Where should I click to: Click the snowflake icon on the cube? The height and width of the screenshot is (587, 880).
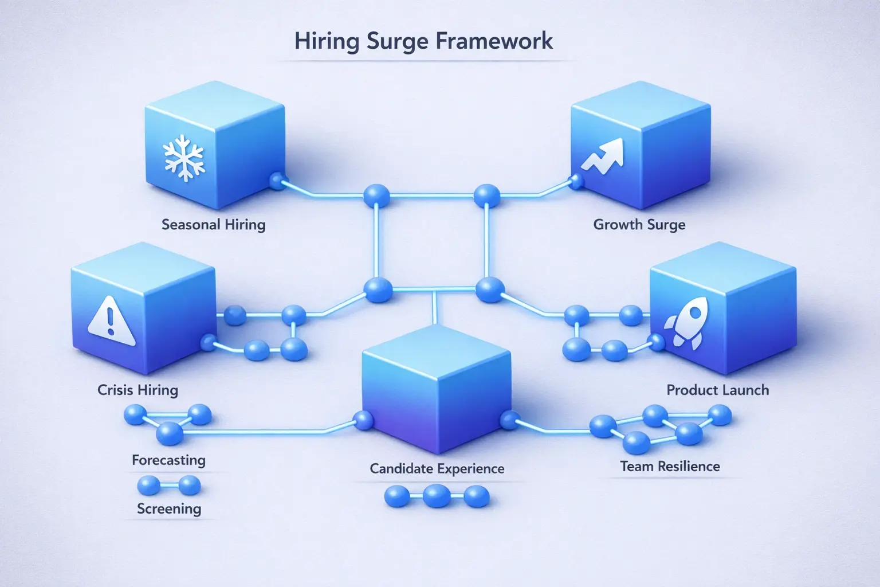[x=184, y=158]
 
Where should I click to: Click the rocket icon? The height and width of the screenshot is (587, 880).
[x=685, y=325]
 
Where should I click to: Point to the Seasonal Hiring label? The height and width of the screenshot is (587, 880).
[x=213, y=224]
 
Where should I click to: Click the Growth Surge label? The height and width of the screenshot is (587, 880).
[x=639, y=224]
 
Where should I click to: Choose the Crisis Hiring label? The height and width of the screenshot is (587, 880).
[x=137, y=390]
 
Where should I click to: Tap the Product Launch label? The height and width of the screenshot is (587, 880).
[x=717, y=390]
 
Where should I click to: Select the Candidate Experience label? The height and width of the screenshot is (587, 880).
[x=437, y=468]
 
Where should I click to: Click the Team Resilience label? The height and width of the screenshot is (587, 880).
[x=670, y=466]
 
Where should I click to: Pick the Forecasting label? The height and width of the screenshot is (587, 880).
[x=168, y=460]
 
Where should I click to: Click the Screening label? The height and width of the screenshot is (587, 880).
[x=169, y=508]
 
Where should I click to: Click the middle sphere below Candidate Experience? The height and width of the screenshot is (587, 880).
[x=437, y=495]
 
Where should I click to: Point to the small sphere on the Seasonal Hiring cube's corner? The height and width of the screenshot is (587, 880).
[x=276, y=181]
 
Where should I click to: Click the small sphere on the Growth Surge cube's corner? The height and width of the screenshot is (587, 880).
[x=576, y=182]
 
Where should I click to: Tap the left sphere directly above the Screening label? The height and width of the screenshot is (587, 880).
[x=149, y=486]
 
